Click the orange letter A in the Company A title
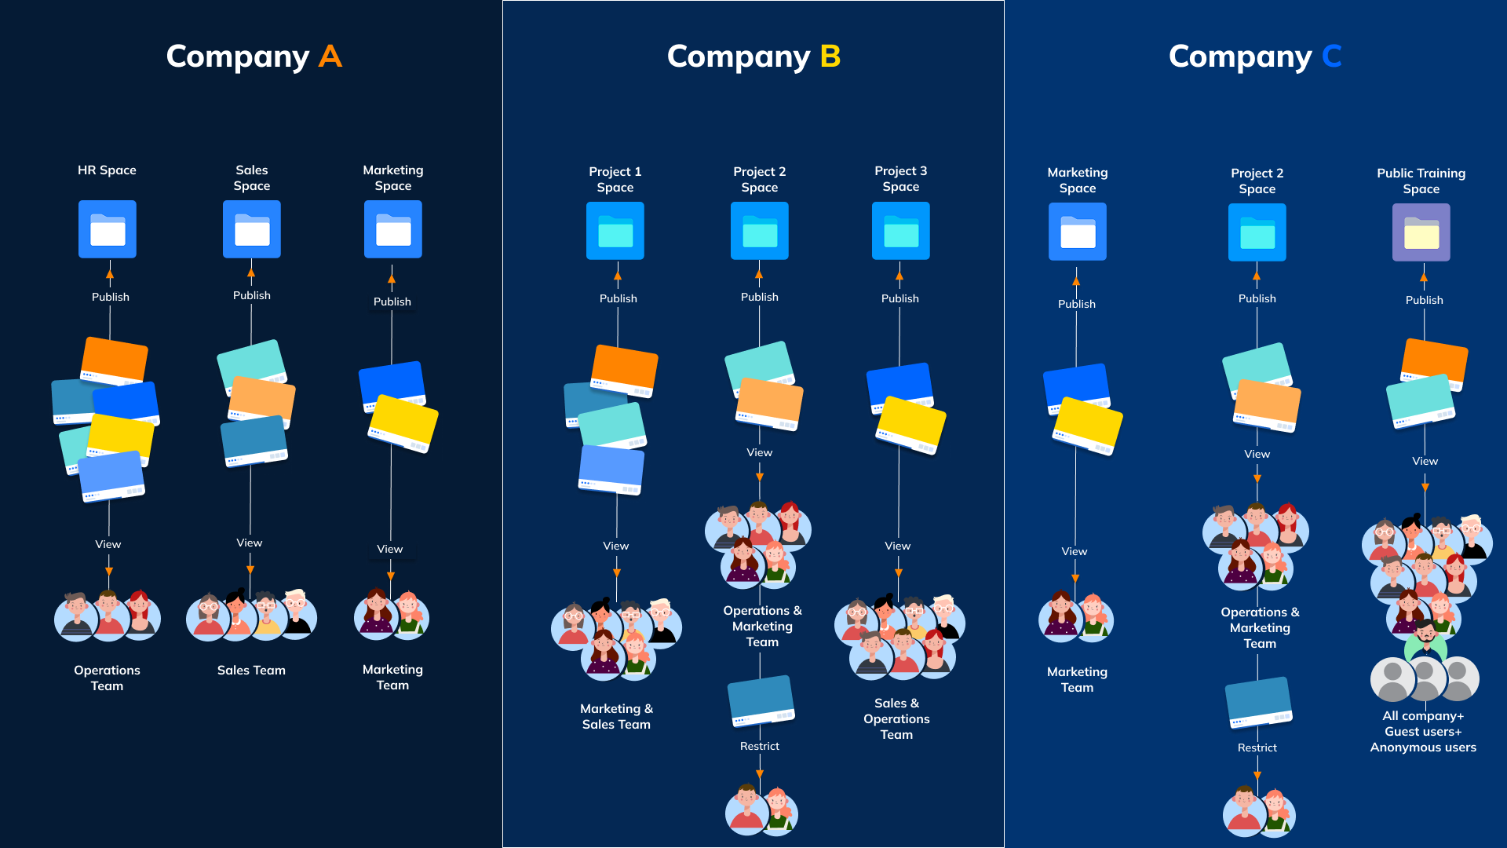330,57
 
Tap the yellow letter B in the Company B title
830,57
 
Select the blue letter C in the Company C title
1332,57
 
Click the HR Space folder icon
108,229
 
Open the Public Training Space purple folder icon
1421,232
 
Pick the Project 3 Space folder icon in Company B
901,231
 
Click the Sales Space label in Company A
252,178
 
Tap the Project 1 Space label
615,179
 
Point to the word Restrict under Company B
760,746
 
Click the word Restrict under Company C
1257,747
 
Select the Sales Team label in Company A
251,670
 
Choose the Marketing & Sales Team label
616,716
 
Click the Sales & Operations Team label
896,718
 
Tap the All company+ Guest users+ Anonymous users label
1423,731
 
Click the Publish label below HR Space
111,297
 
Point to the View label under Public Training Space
1425,461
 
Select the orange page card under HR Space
115,360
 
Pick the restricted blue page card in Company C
1258,701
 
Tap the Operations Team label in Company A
107,678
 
